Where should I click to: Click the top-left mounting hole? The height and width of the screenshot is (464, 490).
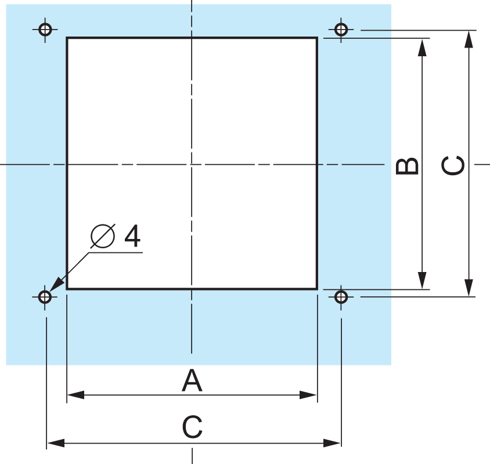45,30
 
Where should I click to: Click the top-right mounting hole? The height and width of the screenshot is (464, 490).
341,30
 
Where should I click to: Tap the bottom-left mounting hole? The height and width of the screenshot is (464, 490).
45,296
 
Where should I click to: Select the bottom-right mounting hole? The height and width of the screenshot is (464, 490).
341,296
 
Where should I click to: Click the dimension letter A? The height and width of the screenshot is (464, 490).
192,380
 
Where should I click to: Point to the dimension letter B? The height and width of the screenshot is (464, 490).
407,166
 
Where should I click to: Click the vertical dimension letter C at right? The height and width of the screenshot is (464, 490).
453,165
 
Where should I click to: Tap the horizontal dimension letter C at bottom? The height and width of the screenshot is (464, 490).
192,427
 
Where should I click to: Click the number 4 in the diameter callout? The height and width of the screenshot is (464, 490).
132,235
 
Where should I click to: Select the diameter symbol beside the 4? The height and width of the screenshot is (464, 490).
103,236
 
